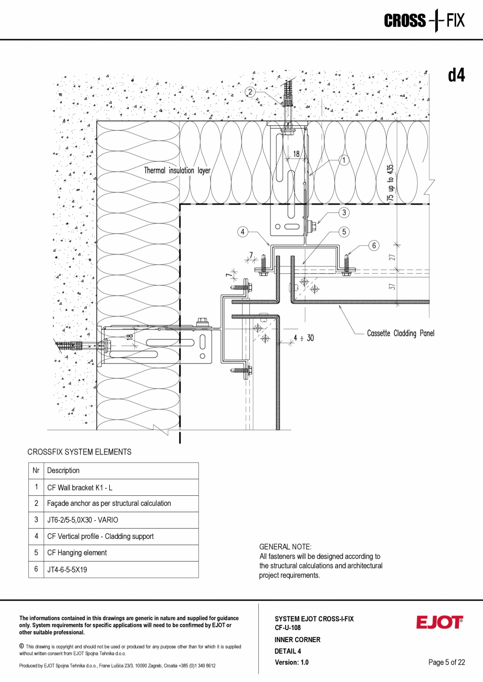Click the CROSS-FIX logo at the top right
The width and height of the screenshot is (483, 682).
424,21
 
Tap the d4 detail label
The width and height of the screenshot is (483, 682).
456,76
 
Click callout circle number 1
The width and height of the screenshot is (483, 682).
343,161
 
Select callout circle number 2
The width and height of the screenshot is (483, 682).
250,92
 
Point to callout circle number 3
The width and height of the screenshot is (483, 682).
343,212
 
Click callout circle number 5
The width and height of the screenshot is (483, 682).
343,231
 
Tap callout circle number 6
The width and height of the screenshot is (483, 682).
374,245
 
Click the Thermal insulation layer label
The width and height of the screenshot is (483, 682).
177,170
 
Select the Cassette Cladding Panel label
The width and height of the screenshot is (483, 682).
401,333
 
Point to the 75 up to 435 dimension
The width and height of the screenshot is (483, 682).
390,183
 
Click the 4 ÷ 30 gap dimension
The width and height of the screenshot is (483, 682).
304,338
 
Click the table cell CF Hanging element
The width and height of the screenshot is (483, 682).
77,553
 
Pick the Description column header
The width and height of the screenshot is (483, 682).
64,471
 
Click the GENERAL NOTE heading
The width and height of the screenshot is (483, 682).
285,547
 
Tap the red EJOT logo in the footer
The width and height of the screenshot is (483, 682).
439,622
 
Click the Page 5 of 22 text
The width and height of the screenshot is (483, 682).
446,662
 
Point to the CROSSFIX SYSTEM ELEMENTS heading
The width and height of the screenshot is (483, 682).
79,452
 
